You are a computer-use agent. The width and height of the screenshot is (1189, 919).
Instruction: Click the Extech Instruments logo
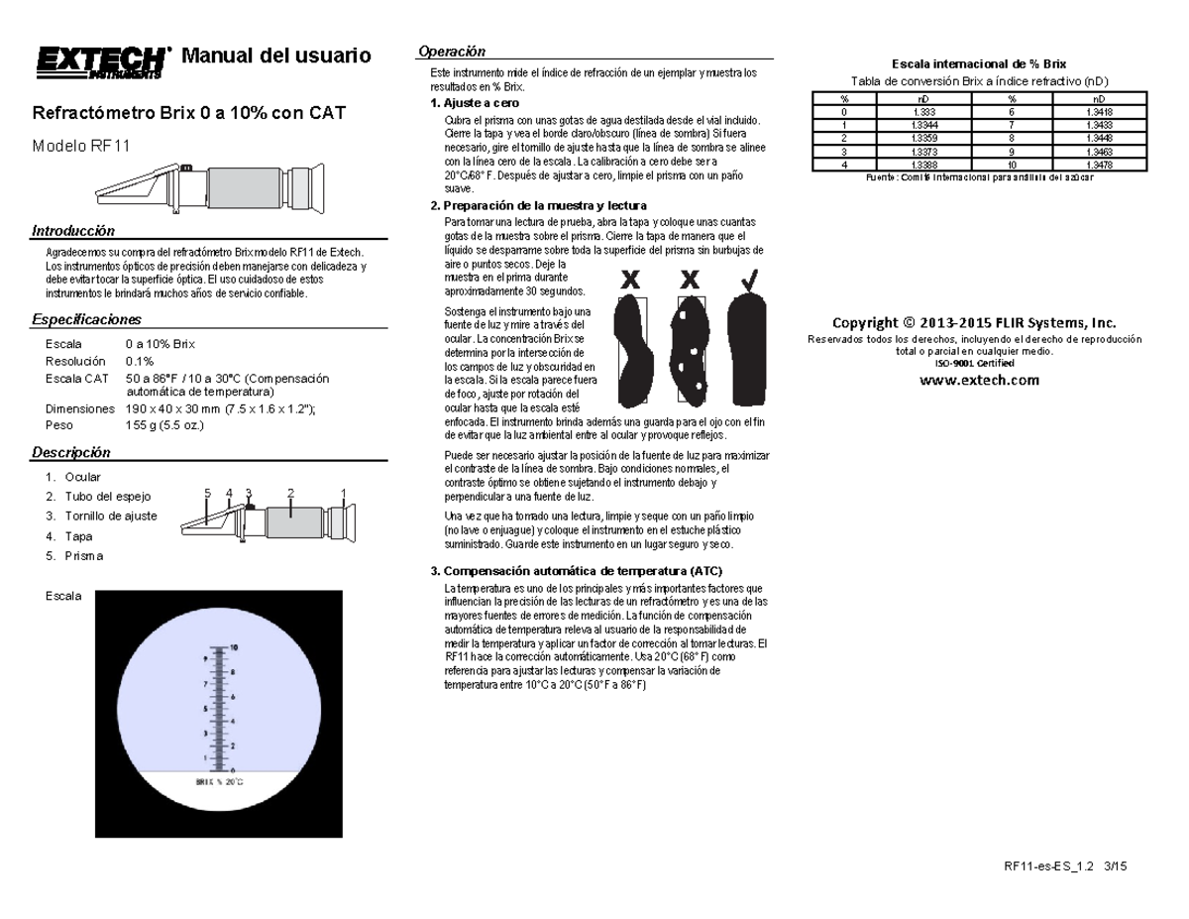(99, 60)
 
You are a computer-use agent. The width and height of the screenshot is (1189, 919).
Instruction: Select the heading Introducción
(73, 231)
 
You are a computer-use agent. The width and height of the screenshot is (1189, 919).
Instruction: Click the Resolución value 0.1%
(140, 361)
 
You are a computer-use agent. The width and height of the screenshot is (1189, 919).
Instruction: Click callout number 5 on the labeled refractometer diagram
(208, 493)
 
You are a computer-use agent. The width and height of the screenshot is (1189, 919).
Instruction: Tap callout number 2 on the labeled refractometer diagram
(290, 493)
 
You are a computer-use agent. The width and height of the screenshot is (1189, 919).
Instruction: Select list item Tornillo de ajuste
(111, 516)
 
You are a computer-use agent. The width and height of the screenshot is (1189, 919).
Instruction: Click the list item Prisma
(84, 555)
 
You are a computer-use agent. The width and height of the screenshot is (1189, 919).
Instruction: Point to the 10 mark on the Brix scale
(234, 646)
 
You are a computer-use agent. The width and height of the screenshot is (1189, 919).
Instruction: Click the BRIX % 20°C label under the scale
(218, 782)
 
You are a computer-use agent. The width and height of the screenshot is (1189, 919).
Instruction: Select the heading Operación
(452, 51)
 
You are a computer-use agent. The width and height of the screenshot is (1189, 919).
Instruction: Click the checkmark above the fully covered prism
(750, 280)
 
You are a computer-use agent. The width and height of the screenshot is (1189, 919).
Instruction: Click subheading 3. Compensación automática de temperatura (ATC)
(576, 571)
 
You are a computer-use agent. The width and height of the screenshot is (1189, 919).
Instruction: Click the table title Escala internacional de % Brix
(966, 63)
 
